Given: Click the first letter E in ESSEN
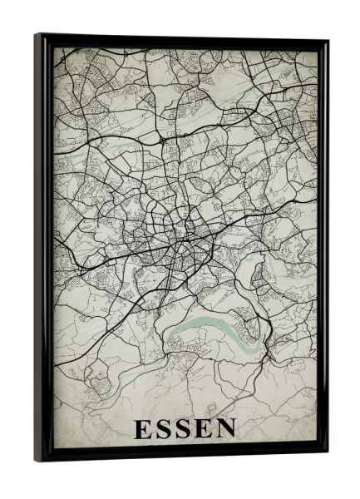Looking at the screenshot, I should (142, 429).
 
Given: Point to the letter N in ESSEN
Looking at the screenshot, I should (227, 429).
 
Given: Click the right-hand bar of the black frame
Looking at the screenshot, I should (323, 249).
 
